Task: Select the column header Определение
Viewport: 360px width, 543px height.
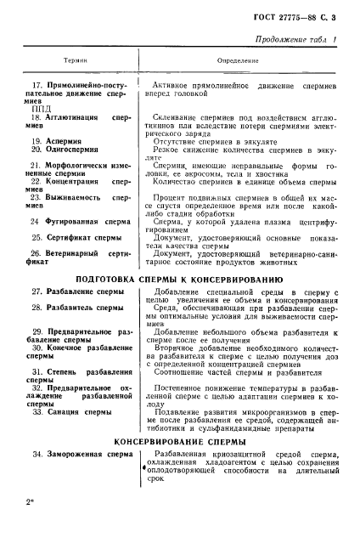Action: [x=232, y=60]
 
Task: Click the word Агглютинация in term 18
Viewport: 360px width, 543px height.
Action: [x=72, y=117]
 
